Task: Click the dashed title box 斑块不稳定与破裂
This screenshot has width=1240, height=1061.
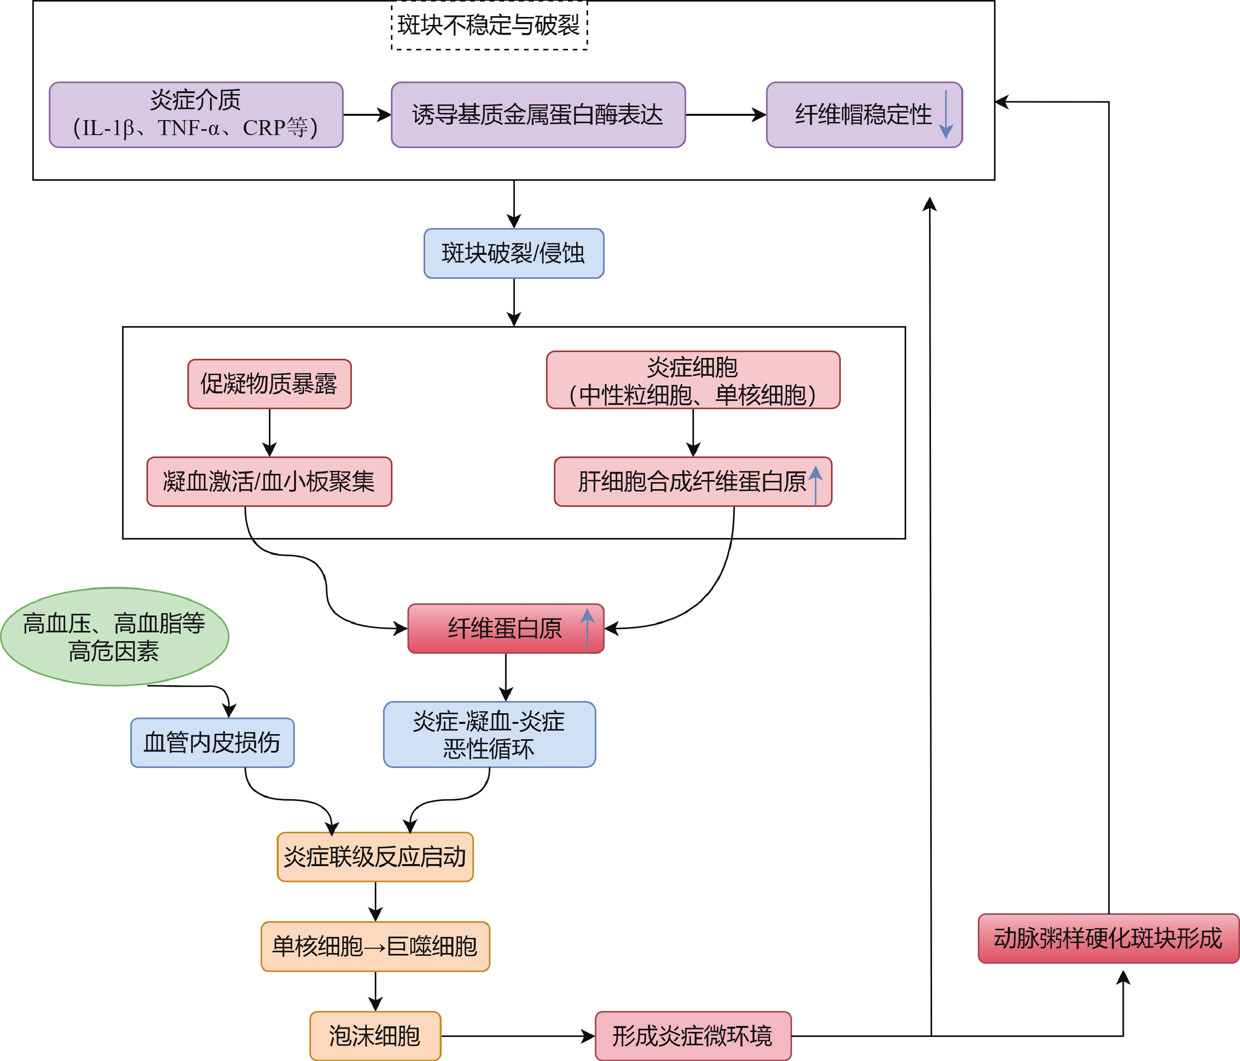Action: [x=489, y=25]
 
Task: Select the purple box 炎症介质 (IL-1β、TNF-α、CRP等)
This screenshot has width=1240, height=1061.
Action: [x=196, y=114]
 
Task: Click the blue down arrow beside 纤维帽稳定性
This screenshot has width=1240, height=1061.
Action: [x=946, y=114]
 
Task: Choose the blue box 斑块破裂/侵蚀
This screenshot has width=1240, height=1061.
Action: [x=513, y=253]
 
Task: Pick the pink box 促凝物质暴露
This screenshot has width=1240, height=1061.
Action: [x=269, y=384]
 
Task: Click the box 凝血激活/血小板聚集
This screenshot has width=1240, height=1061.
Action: [x=269, y=481]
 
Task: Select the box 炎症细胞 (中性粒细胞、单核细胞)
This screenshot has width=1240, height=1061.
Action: [x=692, y=380]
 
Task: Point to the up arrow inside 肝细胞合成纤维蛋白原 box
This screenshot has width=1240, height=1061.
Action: [x=815, y=484]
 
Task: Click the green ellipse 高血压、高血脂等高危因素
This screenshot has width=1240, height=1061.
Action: [x=114, y=636]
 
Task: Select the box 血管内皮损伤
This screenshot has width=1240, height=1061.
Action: [x=213, y=742]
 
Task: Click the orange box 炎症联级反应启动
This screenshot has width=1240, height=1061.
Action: [x=375, y=857]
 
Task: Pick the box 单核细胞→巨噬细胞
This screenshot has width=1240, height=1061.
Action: [x=375, y=946]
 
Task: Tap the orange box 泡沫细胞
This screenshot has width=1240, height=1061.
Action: [x=375, y=1036]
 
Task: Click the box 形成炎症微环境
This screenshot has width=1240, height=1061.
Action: [x=692, y=1036]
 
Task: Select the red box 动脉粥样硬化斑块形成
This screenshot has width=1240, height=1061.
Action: [x=1108, y=938]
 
